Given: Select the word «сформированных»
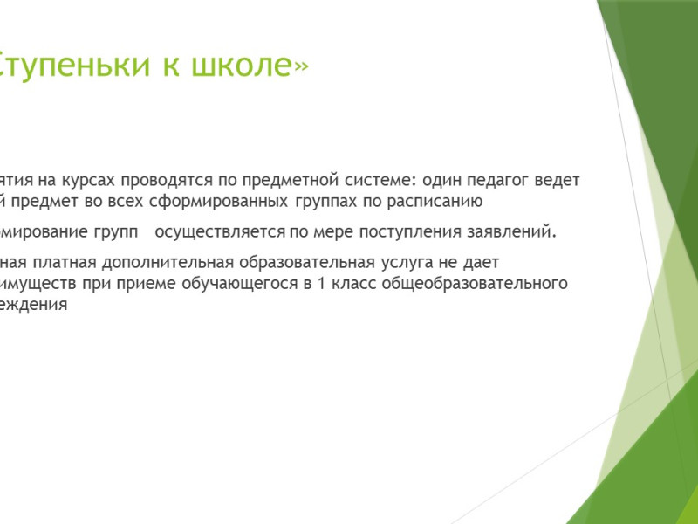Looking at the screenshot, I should click(x=222, y=202).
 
